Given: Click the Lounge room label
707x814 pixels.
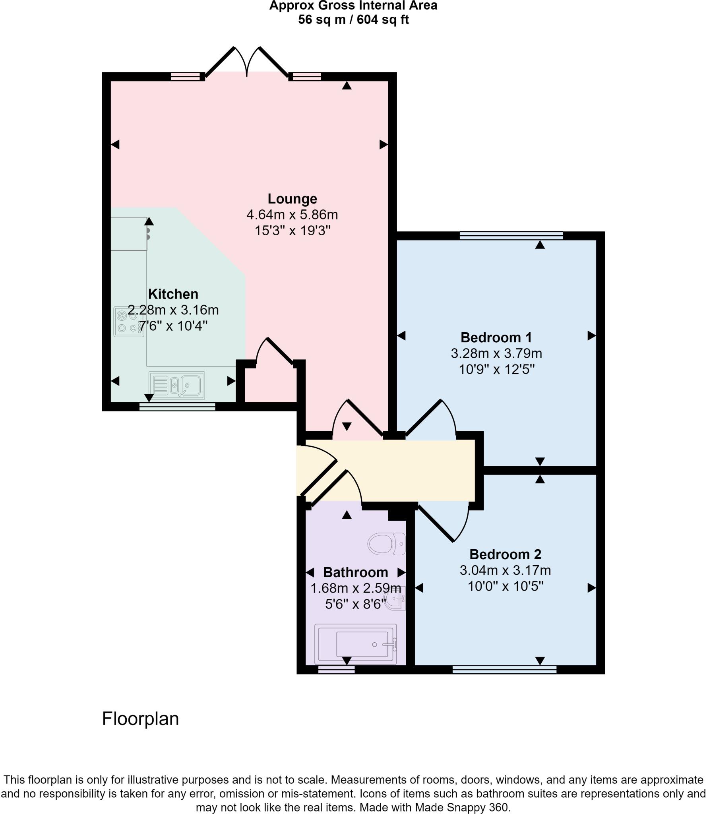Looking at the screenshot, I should tap(292, 199).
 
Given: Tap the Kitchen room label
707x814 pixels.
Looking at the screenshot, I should tap(173, 294).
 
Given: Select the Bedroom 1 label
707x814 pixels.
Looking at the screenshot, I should tap(496, 337).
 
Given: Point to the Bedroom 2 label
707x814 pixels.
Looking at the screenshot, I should tap(505, 554).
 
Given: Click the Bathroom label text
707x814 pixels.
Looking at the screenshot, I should tap(355, 572).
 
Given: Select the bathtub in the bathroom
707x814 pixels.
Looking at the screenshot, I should tap(356, 644).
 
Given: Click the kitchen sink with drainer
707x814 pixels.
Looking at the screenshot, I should tap(177, 385).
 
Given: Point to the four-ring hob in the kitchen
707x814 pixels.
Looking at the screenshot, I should tap(129, 322).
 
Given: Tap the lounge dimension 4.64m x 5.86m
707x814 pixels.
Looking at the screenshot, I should tap(292, 215).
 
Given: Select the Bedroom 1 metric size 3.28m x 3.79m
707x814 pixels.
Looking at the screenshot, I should tap(496, 353).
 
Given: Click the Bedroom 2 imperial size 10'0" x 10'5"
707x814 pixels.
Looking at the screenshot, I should tap(505, 586).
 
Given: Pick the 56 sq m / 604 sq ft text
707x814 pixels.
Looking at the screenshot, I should tap(353, 20).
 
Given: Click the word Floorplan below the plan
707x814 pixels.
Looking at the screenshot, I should tap(140, 719).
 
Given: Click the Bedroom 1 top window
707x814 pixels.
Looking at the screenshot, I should tap(511, 236).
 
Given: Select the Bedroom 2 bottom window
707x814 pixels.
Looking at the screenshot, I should tap(504, 670).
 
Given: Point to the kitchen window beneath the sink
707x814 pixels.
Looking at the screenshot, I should tap(177, 407).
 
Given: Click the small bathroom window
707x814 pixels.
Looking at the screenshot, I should tap(336, 670).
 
